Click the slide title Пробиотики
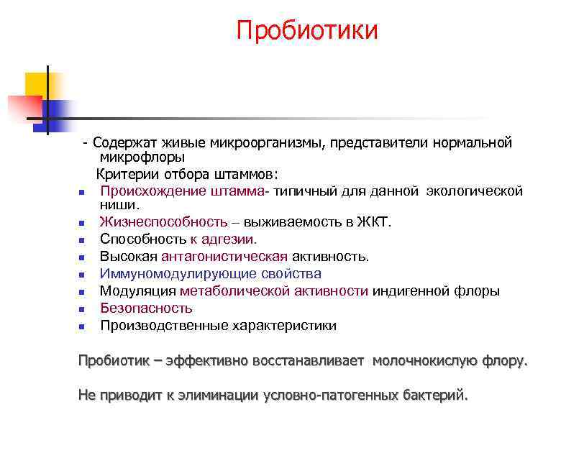(x=307, y=31)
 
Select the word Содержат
(x=120, y=142)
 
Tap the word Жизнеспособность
(x=163, y=222)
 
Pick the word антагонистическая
(x=224, y=257)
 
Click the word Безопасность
(x=146, y=308)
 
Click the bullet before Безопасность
(x=82, y=309)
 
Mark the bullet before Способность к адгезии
(x=82, y=240)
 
